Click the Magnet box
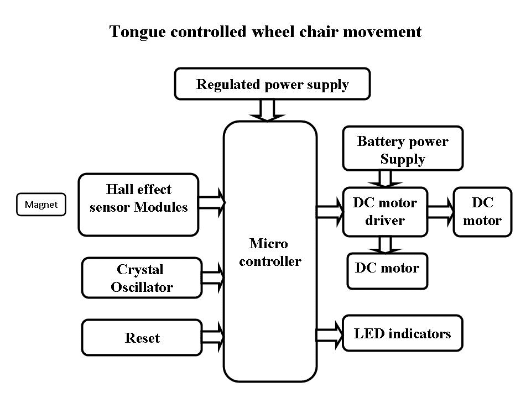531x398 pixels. (41, 205)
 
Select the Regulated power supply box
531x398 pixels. (272, 85)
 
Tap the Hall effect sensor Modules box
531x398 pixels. (138, 205)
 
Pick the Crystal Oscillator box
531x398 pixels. (142, 277)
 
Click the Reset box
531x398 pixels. (142, 337)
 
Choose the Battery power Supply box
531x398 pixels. (403, 149)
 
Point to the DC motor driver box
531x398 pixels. (385, 212)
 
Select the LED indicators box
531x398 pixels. (402, 333)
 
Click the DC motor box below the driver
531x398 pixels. (387, 270)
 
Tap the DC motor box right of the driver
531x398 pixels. (482, 212)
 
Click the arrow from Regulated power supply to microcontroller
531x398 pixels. (267, 110)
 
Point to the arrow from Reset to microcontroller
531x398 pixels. (212, 334)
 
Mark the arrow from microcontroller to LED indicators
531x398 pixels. (329, 333)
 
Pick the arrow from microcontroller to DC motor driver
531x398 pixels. (329, 212)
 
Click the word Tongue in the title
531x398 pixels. (132, 32)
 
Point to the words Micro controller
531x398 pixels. (269, 252)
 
